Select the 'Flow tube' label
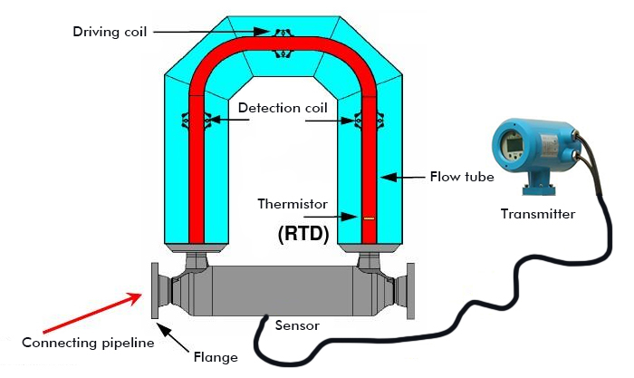coord(461,177)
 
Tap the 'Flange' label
coord(216,356)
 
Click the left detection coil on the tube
coord(197,118)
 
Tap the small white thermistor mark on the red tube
coord(368,218)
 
